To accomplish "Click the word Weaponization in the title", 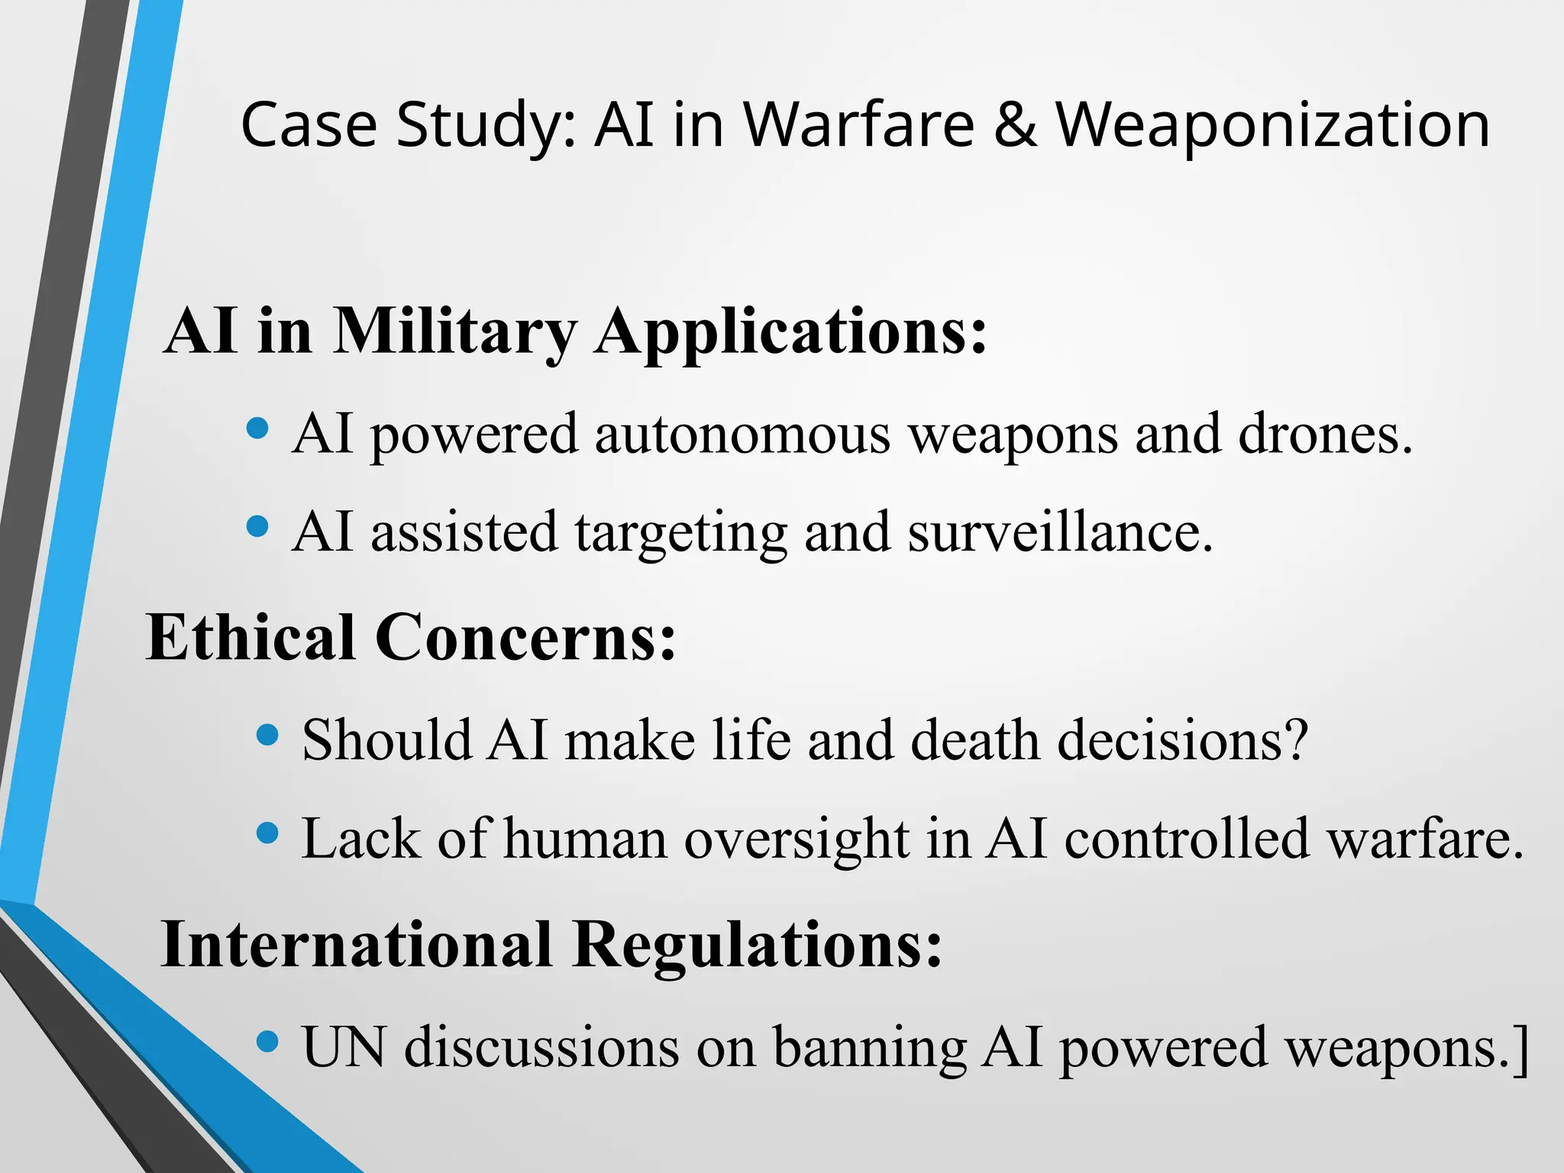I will pos(1272,124).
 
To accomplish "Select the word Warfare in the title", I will pos(859,124).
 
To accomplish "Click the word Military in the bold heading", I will pos(455,332).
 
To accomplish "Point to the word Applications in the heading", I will pos(791,332).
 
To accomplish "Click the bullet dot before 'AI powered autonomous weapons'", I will pos(258,428).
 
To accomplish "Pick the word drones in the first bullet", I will pos(1325,434).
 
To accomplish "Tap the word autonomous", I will pos(742,434).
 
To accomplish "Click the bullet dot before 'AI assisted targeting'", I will pos(258,526).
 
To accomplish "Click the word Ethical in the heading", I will pos(250,638).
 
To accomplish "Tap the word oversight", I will pos(797,839).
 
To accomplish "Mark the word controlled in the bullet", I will pos(1187,839).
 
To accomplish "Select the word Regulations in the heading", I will pos(758,945).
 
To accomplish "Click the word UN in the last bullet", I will pos(344,1046).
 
